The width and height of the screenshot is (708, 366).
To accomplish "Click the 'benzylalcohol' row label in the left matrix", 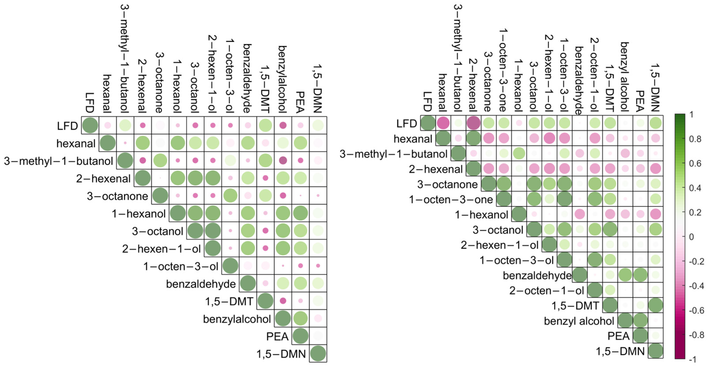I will click(237, 319).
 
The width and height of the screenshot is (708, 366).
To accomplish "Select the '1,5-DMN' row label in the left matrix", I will click(281, 354).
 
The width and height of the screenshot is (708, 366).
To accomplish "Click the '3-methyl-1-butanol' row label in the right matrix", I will click(394, 154).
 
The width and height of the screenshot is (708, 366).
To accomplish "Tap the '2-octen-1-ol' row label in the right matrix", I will click(546, 291).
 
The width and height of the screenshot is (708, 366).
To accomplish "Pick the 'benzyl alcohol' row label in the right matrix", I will click(579, 321).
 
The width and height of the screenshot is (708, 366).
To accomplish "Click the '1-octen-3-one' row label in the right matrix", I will click(451, 200).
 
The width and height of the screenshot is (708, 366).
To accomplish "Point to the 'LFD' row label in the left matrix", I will click(67, 126).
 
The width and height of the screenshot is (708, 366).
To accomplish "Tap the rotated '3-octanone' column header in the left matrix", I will click(159, 82).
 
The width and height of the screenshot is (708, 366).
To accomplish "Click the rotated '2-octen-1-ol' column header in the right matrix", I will click(594, 74).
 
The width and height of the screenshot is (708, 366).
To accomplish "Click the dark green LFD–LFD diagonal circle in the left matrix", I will click(90, 125).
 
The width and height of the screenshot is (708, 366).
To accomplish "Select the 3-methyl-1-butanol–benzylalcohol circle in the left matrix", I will click(283, 160).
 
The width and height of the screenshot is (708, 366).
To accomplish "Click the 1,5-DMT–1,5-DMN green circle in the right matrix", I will click(655, 306).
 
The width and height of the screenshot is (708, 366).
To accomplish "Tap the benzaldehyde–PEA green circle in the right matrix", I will click(640, 275).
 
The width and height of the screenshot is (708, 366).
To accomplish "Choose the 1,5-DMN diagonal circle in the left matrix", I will click(318, 353).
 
